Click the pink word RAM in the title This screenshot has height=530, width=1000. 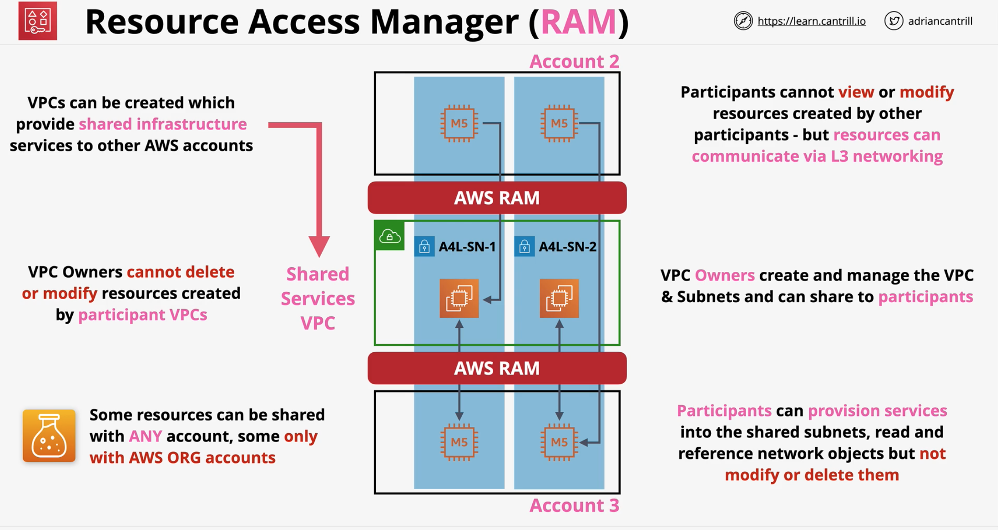coord(578,21)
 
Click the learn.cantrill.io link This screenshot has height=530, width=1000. coord(811,21)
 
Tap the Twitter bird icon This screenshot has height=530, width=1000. coord(894,21)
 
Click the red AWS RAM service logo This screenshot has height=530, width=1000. coord(38,21)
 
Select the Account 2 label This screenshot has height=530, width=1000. coord(574,61)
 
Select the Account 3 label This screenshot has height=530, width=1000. coord(574,505)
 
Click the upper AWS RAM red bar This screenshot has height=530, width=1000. coord(497,198)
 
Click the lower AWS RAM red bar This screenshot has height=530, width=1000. coord(497,368)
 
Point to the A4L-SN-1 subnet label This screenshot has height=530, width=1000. coord(467,247)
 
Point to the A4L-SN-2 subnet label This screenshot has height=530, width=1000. coord(567,247)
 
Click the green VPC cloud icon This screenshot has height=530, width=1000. coord(390,236)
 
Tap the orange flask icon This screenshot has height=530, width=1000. coord(49,435)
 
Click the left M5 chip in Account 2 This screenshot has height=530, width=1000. coord(459,123)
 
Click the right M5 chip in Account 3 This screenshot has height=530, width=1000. coord(559,442)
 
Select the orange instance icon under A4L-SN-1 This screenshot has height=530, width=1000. coord(459,298)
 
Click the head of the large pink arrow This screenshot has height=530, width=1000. coord(319,245)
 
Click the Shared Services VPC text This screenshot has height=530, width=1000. coord(318,298)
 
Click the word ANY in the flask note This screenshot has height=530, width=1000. coord(145,436)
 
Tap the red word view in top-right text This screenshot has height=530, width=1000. coord(856,92)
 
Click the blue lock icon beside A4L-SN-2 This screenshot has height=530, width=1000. coord(524,247)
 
